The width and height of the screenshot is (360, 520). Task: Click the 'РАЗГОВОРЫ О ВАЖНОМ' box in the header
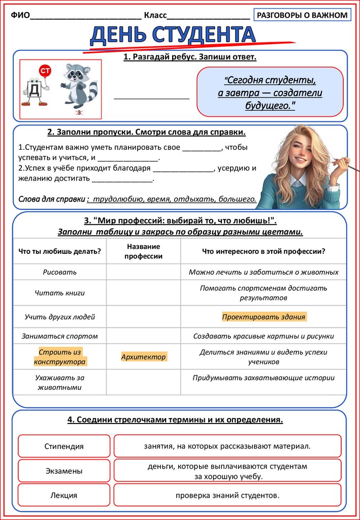click(302, 15)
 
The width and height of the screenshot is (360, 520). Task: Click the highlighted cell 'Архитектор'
click(143, 357)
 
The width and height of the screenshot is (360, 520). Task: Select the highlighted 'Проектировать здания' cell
click(264, 317)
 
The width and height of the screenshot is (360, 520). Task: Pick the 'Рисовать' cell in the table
click(60, 272)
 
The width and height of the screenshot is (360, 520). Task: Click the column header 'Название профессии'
click(143, 251)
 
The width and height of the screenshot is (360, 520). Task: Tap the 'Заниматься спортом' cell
click(60, 336)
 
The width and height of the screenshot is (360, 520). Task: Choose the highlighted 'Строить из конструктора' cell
click(60, 357)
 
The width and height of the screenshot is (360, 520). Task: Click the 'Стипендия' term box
click(64, 446)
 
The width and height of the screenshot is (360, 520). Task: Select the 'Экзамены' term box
click(64, 471)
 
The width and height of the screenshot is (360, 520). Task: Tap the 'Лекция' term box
click(64, 495)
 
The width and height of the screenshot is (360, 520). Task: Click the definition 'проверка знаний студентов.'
click(227, 495)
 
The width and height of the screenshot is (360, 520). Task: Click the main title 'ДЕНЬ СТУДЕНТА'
click(173, 36)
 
